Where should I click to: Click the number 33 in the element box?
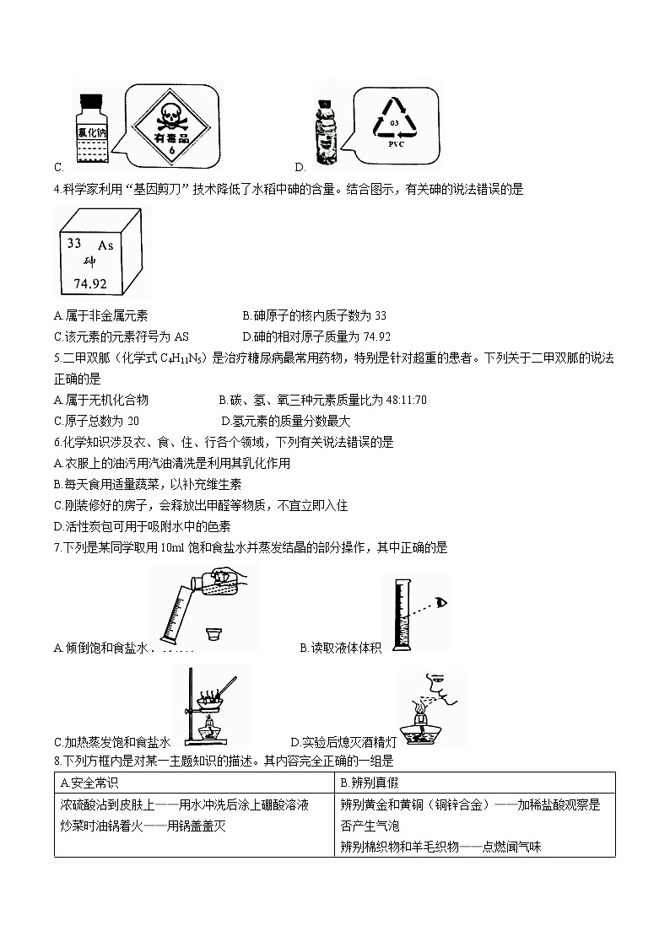[x=74, y=243]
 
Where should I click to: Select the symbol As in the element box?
[x=105, y=245]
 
